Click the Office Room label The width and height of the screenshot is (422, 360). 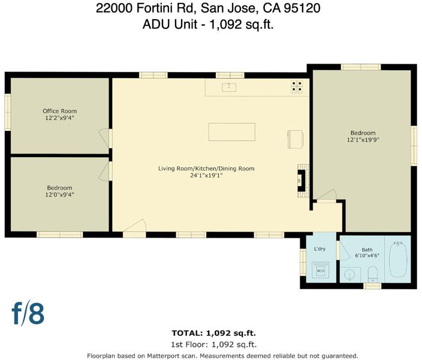(x=60, y=111)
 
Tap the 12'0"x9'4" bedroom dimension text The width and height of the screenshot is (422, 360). (x=59, y=194)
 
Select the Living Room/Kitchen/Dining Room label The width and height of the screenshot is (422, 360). (x=206, y=169)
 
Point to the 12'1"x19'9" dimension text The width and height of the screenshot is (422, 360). (x=363, y=140)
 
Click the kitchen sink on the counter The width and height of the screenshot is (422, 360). (x=229, y=88)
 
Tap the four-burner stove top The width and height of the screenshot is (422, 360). (x=297, y=86)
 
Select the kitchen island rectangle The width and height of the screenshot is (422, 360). (x=232, y=132)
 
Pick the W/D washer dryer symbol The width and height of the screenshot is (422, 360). (x=320, y=269)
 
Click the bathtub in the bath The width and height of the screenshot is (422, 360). (x=398, y=259)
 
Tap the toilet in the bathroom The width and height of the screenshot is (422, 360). (x=373, y=274)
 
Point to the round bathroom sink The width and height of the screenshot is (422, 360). (x=349, y=275)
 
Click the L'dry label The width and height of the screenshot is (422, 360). (x=319, y=249)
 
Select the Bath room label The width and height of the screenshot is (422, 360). (x=367, y=250)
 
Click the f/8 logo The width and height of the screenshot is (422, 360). (x=28, y=314)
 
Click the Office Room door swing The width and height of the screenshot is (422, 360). (x=106, y=138)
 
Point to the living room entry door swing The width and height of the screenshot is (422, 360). (x=134, y=226)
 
